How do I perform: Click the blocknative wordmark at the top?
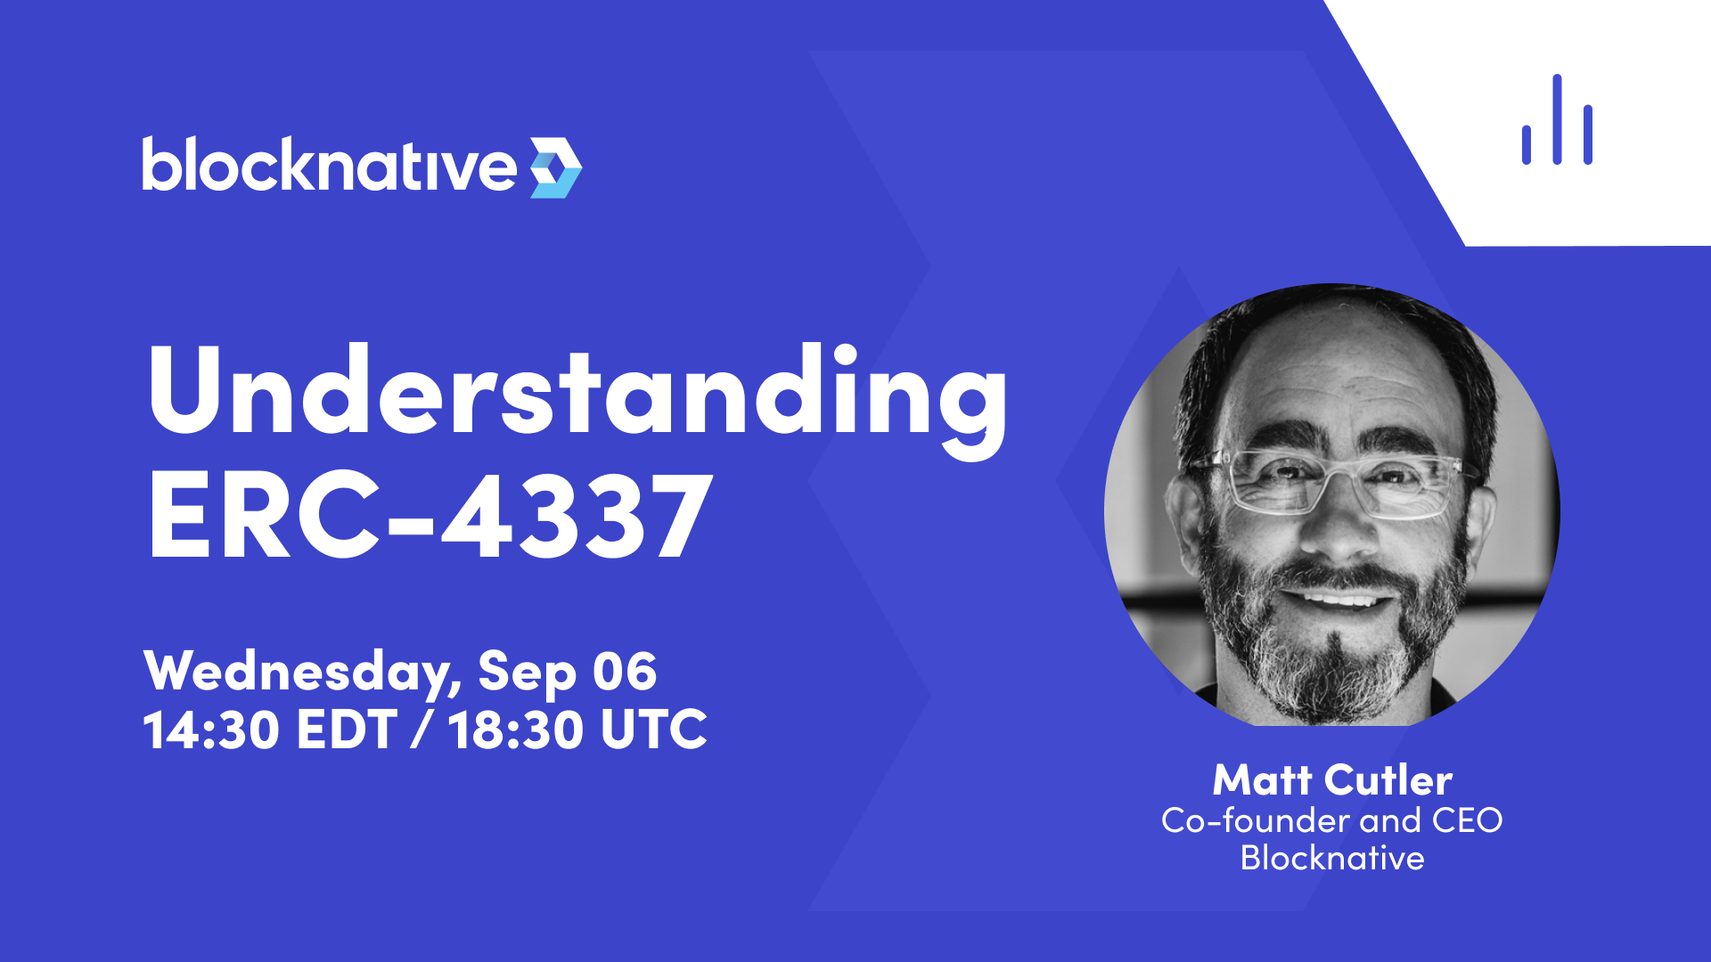329,164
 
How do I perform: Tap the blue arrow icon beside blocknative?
556,167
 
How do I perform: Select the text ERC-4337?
430,515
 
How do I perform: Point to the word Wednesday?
302,673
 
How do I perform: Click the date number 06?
625,671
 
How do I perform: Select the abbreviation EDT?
347,730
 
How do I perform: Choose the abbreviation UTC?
654,730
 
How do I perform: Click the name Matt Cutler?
1332,780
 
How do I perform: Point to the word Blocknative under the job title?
1332,858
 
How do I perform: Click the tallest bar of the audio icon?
1557,119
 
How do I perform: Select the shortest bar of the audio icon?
1527,145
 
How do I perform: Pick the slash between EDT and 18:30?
422,730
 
